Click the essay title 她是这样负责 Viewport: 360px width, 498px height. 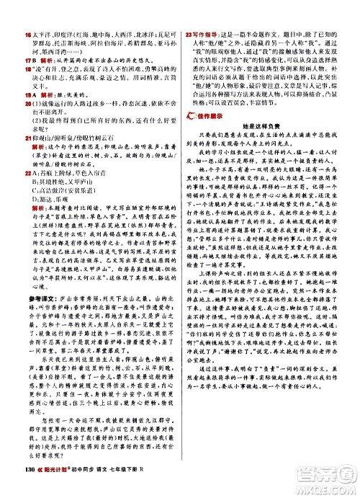(264, 133)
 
